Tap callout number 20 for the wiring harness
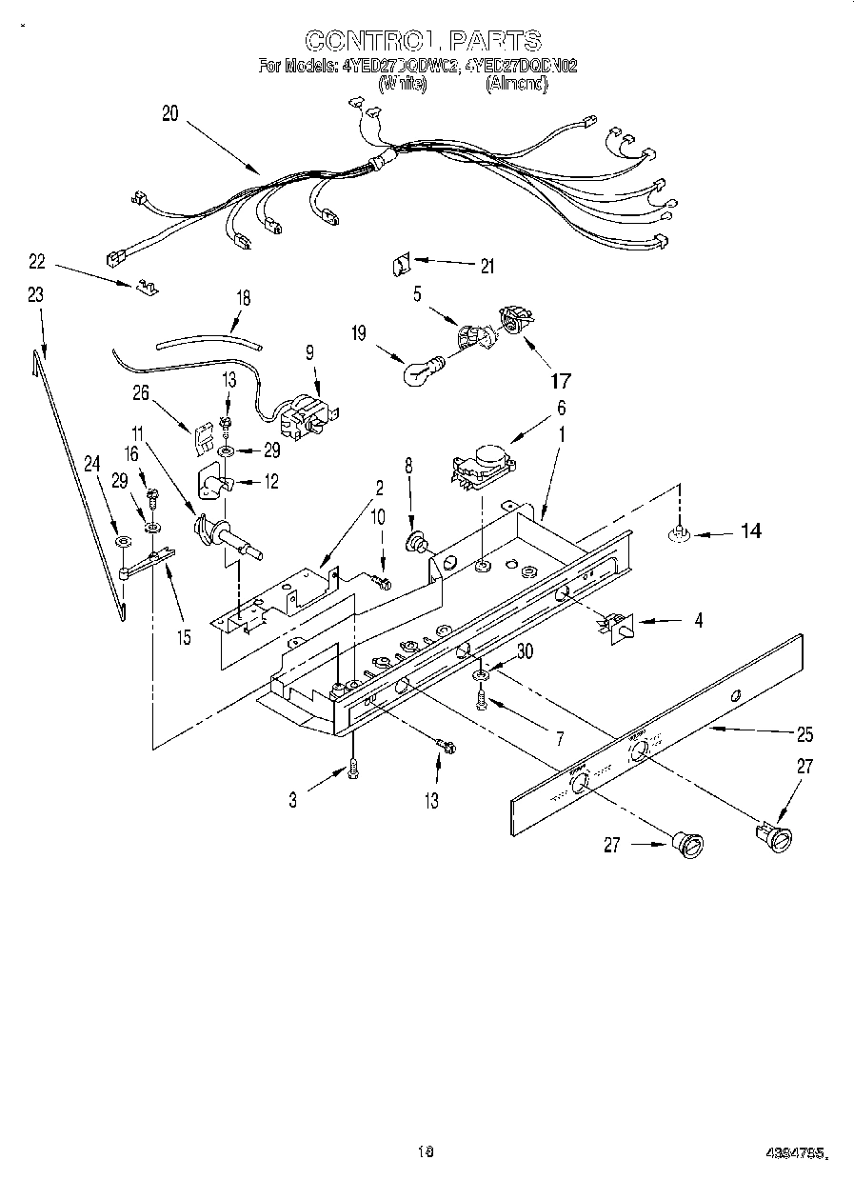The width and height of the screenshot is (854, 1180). [170, 113]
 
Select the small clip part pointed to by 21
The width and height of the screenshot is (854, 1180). [401, 263]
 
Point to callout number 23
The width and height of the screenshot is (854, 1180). [35, 296]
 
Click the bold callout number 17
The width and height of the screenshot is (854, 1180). [560, 381]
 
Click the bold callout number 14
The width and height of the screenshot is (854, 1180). [750, 531]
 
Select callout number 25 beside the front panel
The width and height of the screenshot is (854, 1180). [805, 734]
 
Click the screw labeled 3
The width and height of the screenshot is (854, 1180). [353, 768]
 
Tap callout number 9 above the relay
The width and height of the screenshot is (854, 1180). [308, 350]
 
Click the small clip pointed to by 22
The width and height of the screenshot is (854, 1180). [145, 283]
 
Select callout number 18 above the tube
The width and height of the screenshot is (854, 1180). [244, 297]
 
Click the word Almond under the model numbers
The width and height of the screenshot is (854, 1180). [517, 84]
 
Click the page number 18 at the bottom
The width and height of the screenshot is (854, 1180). [425, 1151]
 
